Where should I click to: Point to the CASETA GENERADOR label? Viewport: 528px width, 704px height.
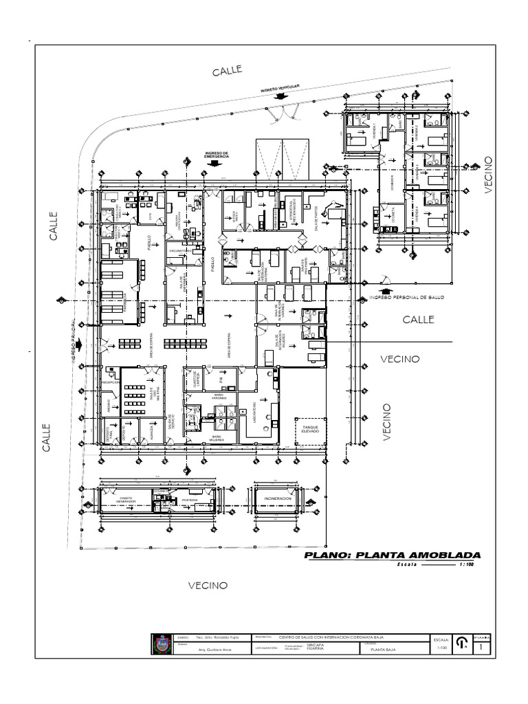(126, 500)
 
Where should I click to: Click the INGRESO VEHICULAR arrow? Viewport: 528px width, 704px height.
(279, 96)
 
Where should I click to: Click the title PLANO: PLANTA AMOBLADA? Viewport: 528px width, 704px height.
(393, 555)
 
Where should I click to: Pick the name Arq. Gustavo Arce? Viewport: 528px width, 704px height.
(212, 649)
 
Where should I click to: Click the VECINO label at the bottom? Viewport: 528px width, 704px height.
(208, 585)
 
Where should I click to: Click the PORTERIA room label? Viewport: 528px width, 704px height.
(190, 500)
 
